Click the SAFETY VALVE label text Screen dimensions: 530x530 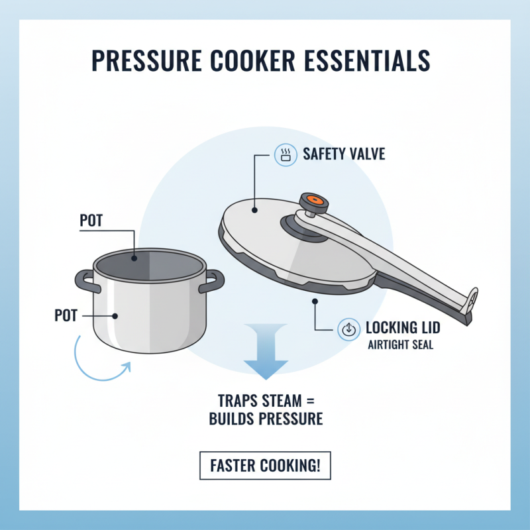click(344, 155)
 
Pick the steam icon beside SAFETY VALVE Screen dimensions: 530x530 click(286, 155)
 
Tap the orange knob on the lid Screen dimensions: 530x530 click(313, 200)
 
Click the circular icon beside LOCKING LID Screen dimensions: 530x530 click(348, 328)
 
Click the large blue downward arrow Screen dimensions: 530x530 click(265, 351)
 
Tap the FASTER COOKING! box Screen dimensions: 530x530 click(265, 466)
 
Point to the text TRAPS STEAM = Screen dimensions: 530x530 click(265, 401)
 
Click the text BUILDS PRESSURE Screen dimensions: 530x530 click(265, 419)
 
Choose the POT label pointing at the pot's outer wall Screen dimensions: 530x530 click(66, 315)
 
